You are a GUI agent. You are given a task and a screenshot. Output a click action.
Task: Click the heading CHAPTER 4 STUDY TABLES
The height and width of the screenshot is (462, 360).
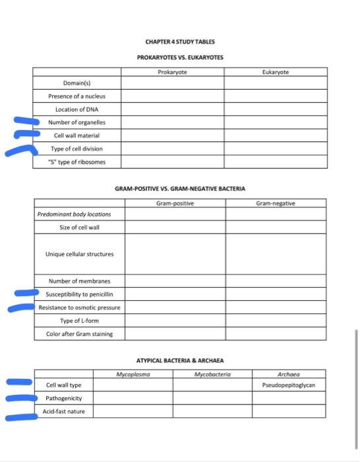(180, 42)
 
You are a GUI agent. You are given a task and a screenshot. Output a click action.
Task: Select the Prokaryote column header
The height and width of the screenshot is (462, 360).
(172, 71)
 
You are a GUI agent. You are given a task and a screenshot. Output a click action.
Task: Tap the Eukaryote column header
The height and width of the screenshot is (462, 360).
(275, 71)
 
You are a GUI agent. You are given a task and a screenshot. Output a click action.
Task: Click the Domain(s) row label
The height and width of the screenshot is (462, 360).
(77, 83)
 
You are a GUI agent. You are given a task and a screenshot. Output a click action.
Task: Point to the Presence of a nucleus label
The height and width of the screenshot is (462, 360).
(77, 96)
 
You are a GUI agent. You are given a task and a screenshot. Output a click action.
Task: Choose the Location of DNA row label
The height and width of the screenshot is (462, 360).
(77, 109)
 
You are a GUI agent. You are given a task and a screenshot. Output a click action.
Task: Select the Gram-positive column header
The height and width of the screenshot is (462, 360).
(175, 204)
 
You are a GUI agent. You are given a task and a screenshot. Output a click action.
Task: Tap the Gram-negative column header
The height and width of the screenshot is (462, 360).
(275, 204)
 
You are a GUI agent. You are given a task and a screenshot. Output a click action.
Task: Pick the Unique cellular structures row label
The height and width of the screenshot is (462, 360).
(79, 254)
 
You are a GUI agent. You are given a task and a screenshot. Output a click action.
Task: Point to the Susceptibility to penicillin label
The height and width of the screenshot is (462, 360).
(79, 294)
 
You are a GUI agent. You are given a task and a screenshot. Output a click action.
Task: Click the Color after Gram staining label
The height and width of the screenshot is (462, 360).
(79, 333)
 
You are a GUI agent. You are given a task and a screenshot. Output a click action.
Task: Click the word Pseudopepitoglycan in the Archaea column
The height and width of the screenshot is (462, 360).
(289, 385)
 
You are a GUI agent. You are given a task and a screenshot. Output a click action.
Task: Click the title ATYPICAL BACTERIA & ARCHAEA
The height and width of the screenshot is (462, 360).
(180, 361)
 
